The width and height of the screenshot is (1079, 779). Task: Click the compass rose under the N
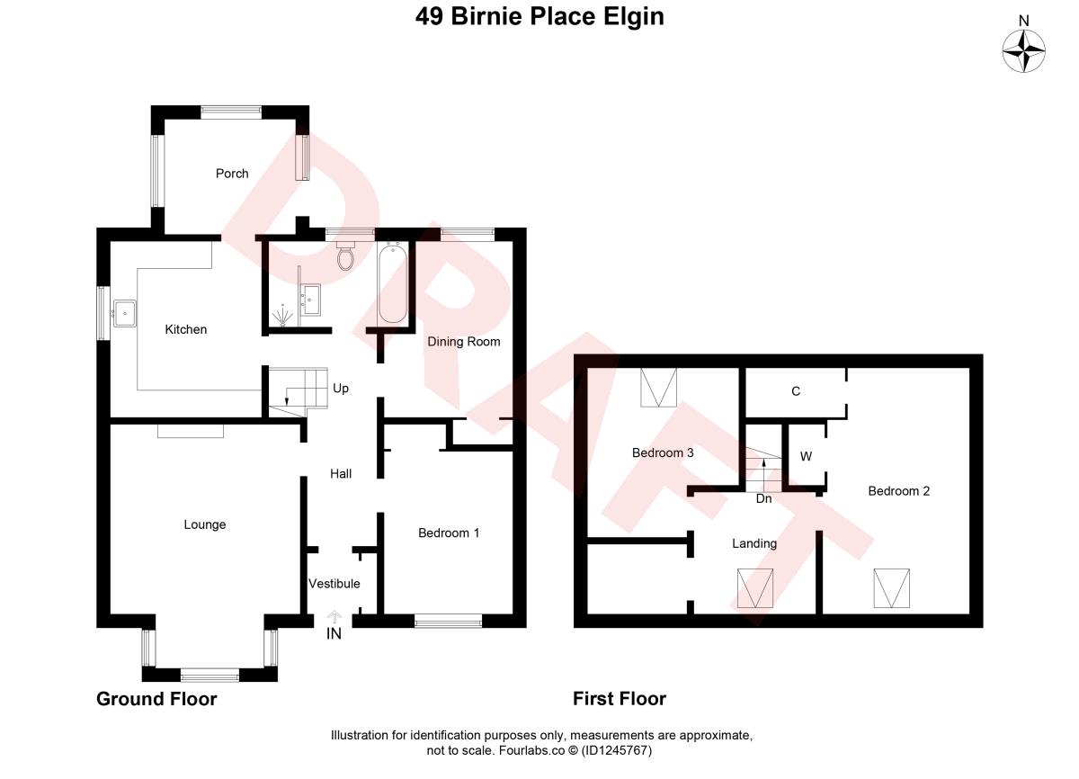(1023, 51)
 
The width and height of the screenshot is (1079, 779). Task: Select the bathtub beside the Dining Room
(393, 282)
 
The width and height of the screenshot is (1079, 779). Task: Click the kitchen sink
(125, 314)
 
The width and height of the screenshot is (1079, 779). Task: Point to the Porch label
(232, 174)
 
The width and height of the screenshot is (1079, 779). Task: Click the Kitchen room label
(186, 329)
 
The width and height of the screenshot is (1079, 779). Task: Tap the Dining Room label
(464, 342)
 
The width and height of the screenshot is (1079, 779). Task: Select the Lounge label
(205, 524)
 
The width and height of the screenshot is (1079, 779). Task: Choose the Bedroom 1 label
(449, 533)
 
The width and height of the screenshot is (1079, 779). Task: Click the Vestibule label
(334, 584)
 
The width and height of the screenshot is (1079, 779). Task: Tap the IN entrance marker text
(334, 633)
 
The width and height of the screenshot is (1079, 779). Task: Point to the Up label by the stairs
(341, 389)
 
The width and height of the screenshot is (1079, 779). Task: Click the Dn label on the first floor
(764, 498)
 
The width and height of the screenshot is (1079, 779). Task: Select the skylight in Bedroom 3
(658, 388)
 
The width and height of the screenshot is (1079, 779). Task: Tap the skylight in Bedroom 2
(892, 588)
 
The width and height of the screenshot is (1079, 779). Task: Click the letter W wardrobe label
(806, 456)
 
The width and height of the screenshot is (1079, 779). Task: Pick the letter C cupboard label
(796, 391)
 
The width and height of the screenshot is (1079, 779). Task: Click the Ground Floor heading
(156, 699)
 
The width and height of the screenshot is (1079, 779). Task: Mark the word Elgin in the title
(634, 17)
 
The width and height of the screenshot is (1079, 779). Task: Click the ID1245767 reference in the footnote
(617, 750)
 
